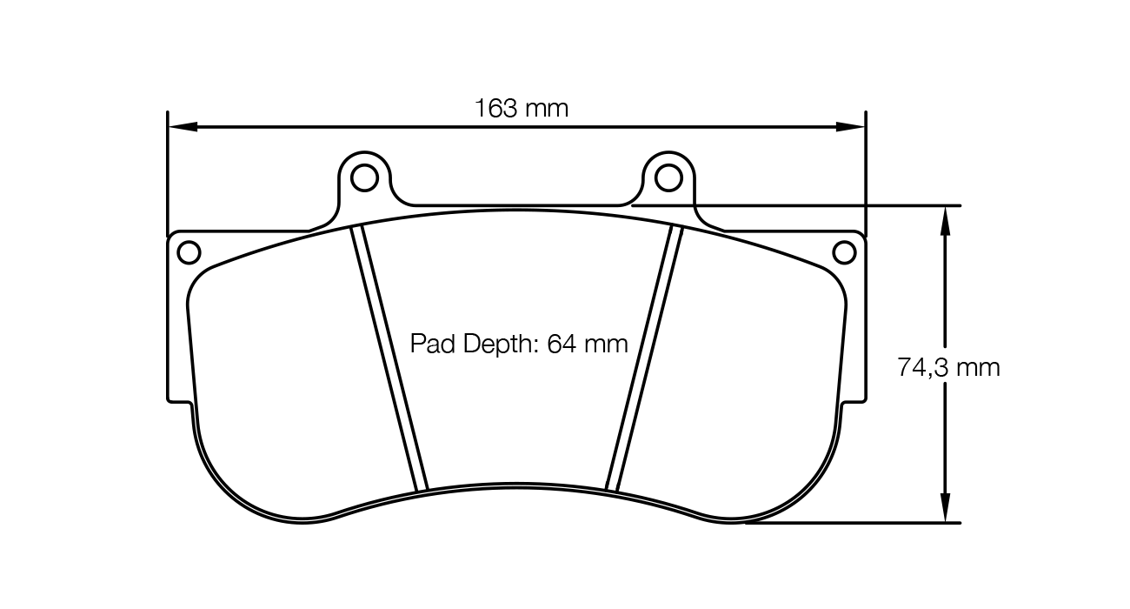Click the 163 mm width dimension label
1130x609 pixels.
[521, 109]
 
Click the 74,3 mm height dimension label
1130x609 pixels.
[948, 367]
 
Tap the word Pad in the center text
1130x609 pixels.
[428, 345]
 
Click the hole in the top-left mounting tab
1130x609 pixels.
[364, 177]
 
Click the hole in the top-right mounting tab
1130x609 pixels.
[668, 177]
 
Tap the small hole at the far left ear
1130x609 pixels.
[189, 252]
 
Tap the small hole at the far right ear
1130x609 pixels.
[844, 252]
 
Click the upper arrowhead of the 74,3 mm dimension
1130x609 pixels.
[946, 218]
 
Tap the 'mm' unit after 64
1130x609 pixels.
[606, 345]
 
